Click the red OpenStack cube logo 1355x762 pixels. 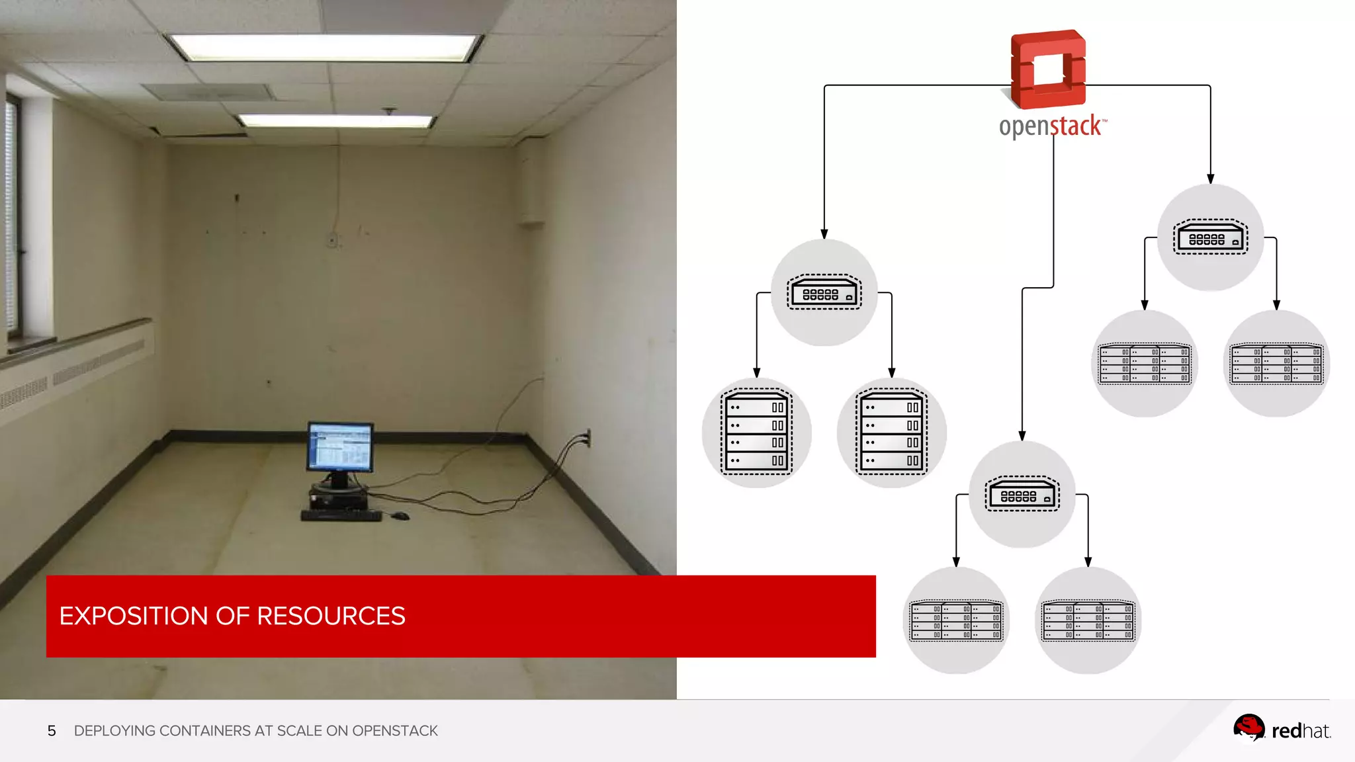pyautogui.click(x=1048, y=69)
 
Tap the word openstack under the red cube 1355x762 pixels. pyautogui.click(x=1051, y=126)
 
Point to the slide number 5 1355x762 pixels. pyautogui.click(x=52, y=731)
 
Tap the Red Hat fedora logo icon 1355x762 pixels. pyautogui.click(x=1248, y=728)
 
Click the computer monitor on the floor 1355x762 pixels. pyautogui.click(x=340, y=448)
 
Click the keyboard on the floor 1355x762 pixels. pyautogui.click(x=341, y=515)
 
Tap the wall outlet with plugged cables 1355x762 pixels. pyautogui.click(x=586, y=437)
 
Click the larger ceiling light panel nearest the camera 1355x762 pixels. pyautogui.click(x=324, y=48)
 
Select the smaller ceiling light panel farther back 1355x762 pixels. pyautogui.click(x=336, y=120)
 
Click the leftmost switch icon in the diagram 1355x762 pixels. pyautogui.click(x=824, y=292)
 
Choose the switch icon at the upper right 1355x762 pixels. pyautogui.click(x=1210, y=237)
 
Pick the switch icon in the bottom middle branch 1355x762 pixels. pyautogui.click(x=1022, y=495)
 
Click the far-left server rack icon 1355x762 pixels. pyautogui.click(x=756, y=433)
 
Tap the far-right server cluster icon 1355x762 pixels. pyautogui.click(x=1276, y=364)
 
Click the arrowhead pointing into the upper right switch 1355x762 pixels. pyautogui.click(x=1210, y=179)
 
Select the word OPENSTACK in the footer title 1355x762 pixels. pyautogui.click(x=394, y=731)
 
